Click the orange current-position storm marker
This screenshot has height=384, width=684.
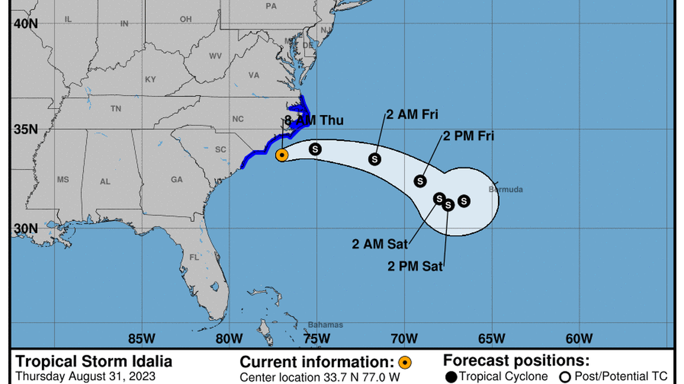(x=282, y=155)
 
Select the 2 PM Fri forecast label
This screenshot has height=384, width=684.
(x=468, y=136)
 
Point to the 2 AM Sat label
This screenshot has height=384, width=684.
(x=380, y=244)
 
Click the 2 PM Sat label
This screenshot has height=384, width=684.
(x=415, y=267)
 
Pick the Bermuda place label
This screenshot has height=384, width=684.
(x=506, y=190)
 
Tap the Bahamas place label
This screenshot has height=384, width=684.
(x=325, y=325)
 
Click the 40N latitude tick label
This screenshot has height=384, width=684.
(x=26, y=23)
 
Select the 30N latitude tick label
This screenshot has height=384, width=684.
(x=26, y=229)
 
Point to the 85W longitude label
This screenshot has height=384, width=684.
(x=142, y=339)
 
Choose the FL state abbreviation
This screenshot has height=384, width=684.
(x=194, y=257)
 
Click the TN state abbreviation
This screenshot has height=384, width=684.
(x=116, y=109)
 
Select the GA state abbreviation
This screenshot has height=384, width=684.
(x=176, y=180)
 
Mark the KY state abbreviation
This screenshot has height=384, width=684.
(x=150, y=80)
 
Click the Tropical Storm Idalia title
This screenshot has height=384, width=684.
(x=94, y=362)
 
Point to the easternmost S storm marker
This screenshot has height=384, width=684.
(x=464, y=201)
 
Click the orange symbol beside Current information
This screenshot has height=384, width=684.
(x=405, y=362)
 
